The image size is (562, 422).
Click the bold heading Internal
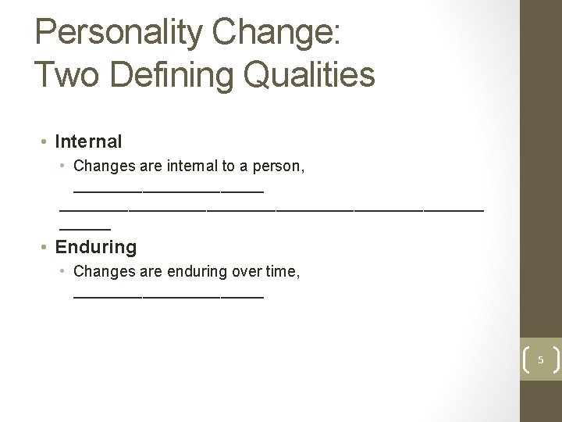(x=88, y=141)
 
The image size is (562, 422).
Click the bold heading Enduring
(x=95, y=247)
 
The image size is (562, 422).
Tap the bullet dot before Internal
(x=45, y=142)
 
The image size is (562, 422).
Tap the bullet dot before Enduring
(x=45, y=248)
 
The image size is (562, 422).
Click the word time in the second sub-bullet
(x=279, y=272)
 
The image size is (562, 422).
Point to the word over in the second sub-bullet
(x=245, y=272)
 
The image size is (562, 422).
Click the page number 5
(x=540, y=359)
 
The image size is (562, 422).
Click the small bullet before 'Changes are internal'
(x=63, y=166)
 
